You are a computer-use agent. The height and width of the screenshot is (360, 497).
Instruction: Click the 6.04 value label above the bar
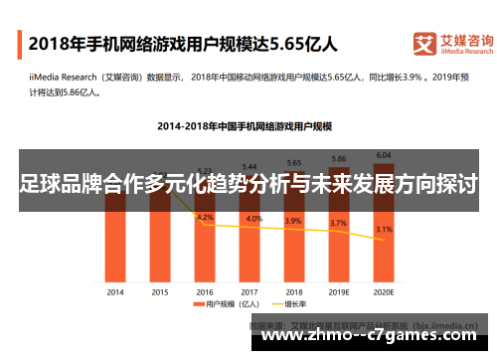382,155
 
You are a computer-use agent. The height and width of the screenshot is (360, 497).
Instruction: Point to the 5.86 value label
338,158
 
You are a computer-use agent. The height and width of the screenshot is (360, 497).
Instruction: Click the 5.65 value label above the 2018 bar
294,162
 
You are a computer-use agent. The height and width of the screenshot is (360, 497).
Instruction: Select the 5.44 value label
249,165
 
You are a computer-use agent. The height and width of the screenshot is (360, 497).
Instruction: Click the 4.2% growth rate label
205,216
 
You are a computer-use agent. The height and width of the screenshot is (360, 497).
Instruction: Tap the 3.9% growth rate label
294,221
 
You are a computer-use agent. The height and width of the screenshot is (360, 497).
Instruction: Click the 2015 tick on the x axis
159,292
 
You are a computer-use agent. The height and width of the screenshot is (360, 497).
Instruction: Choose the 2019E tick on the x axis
338,292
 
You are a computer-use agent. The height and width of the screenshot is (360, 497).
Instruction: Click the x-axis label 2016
204,292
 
